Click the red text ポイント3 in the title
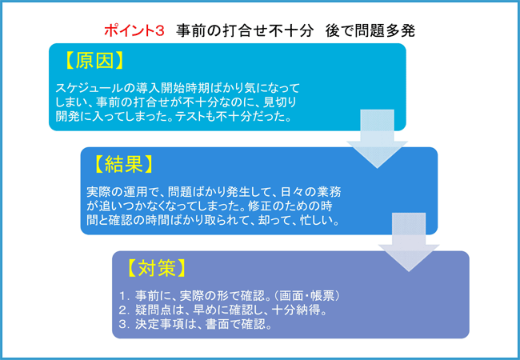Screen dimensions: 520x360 pyautogui.click(x=134, y=31)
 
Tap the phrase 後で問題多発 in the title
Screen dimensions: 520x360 pyautogui.click(x=370, y=31)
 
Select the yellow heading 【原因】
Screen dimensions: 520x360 pyautogui.click(x=95, y=61)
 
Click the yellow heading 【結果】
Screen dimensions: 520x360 pyautogui.click(x=124, y=164)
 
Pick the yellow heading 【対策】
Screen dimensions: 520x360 pyautogui.click(x=156, y=268)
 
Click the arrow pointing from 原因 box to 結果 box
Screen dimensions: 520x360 pyautogui.click(x=377, y=139)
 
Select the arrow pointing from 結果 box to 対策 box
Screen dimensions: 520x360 pyautogui.click(x=409, y=242)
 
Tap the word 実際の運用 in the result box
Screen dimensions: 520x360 pyautogui.click(x=117, y=192)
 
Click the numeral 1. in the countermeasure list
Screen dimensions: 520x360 pyautogui.click(x=124, y=296)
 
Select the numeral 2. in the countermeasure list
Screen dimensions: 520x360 pyautogui.click(x=124, y=310)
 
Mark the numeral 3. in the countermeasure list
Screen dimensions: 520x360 pyautogui.click(x=124, y=324)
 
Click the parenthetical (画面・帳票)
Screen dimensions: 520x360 pyautogui.click(x=307, y=296)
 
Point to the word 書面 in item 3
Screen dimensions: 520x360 pyautogui.click(x=218, y=324)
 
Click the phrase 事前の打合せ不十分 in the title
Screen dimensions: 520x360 pyautogui.click(x=245, y=31)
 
